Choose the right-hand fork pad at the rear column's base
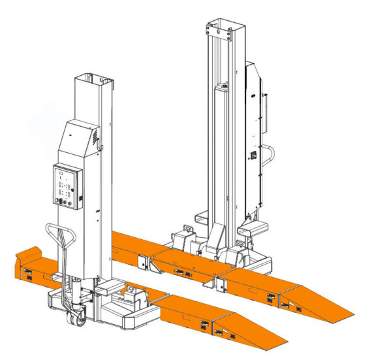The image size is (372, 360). point(253,229)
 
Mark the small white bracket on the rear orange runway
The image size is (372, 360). point(220,285)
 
